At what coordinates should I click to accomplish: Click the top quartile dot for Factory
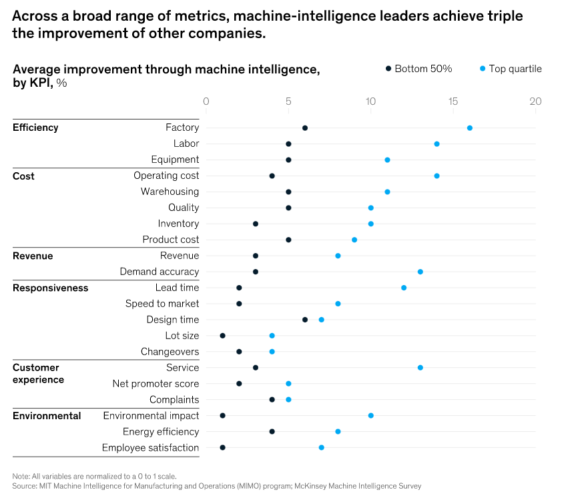(x=470, y=128)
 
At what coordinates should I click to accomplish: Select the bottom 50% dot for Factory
(x=305, y=128)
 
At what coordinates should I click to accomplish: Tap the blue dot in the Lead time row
(x=404, y=288)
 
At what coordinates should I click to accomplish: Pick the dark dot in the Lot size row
(x=222, y=336)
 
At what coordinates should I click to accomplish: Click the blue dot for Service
(x=420, y=368)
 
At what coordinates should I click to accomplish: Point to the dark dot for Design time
(x=305, y=320)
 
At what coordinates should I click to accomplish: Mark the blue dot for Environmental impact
(x=371, y=416)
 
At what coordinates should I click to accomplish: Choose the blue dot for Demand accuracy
(x=420, y=272)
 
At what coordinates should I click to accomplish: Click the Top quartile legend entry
(x=511, y=69)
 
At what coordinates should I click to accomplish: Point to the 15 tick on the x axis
(x=453, y=101)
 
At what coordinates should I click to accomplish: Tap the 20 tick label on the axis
(x=535, y=101)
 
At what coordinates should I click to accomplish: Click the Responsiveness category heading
(x=50, y=288)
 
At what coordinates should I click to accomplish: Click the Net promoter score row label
(x=156, y=384)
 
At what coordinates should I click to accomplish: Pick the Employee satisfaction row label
(x=150, y=448)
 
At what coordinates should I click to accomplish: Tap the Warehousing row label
(x=170, y=192)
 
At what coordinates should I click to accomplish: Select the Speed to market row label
(x=162, y=304)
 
